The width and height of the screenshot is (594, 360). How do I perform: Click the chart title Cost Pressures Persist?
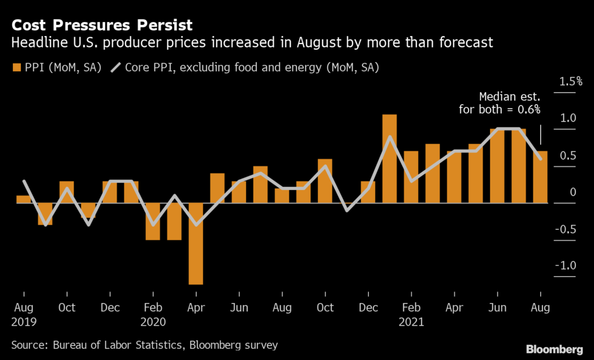pyautogui.click(x=102, y=26)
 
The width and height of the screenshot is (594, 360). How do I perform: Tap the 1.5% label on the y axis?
pyautogui.click(x=571, y=81)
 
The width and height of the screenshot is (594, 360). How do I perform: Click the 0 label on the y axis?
pyautogui.click(x=573, y=192)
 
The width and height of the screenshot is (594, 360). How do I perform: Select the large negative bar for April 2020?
pyautogui.click(x=196, y=243)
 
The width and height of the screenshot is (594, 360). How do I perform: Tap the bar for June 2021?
pyautogui.click(x=497, y=166)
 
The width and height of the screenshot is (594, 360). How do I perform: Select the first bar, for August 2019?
pyautogui.click(x=24, y=199)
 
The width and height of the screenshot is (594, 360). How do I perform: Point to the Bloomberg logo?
pyautogui.click(x=553, y=349)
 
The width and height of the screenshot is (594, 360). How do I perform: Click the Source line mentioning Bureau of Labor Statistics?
pyautogui.click(x=144, y=345)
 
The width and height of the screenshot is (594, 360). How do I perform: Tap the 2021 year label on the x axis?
pyautogui.click(x=411, y=322)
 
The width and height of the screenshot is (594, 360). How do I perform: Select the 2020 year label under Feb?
pyautogui.click(x=153, y=322)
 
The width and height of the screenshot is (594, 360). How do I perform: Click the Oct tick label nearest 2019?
pyautogui.click(x=67, y=307)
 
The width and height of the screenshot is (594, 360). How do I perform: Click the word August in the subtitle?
pyautogui.click(x=332, y=42)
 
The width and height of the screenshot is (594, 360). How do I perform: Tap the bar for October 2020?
pyautogui.click(x=325, y=181)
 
